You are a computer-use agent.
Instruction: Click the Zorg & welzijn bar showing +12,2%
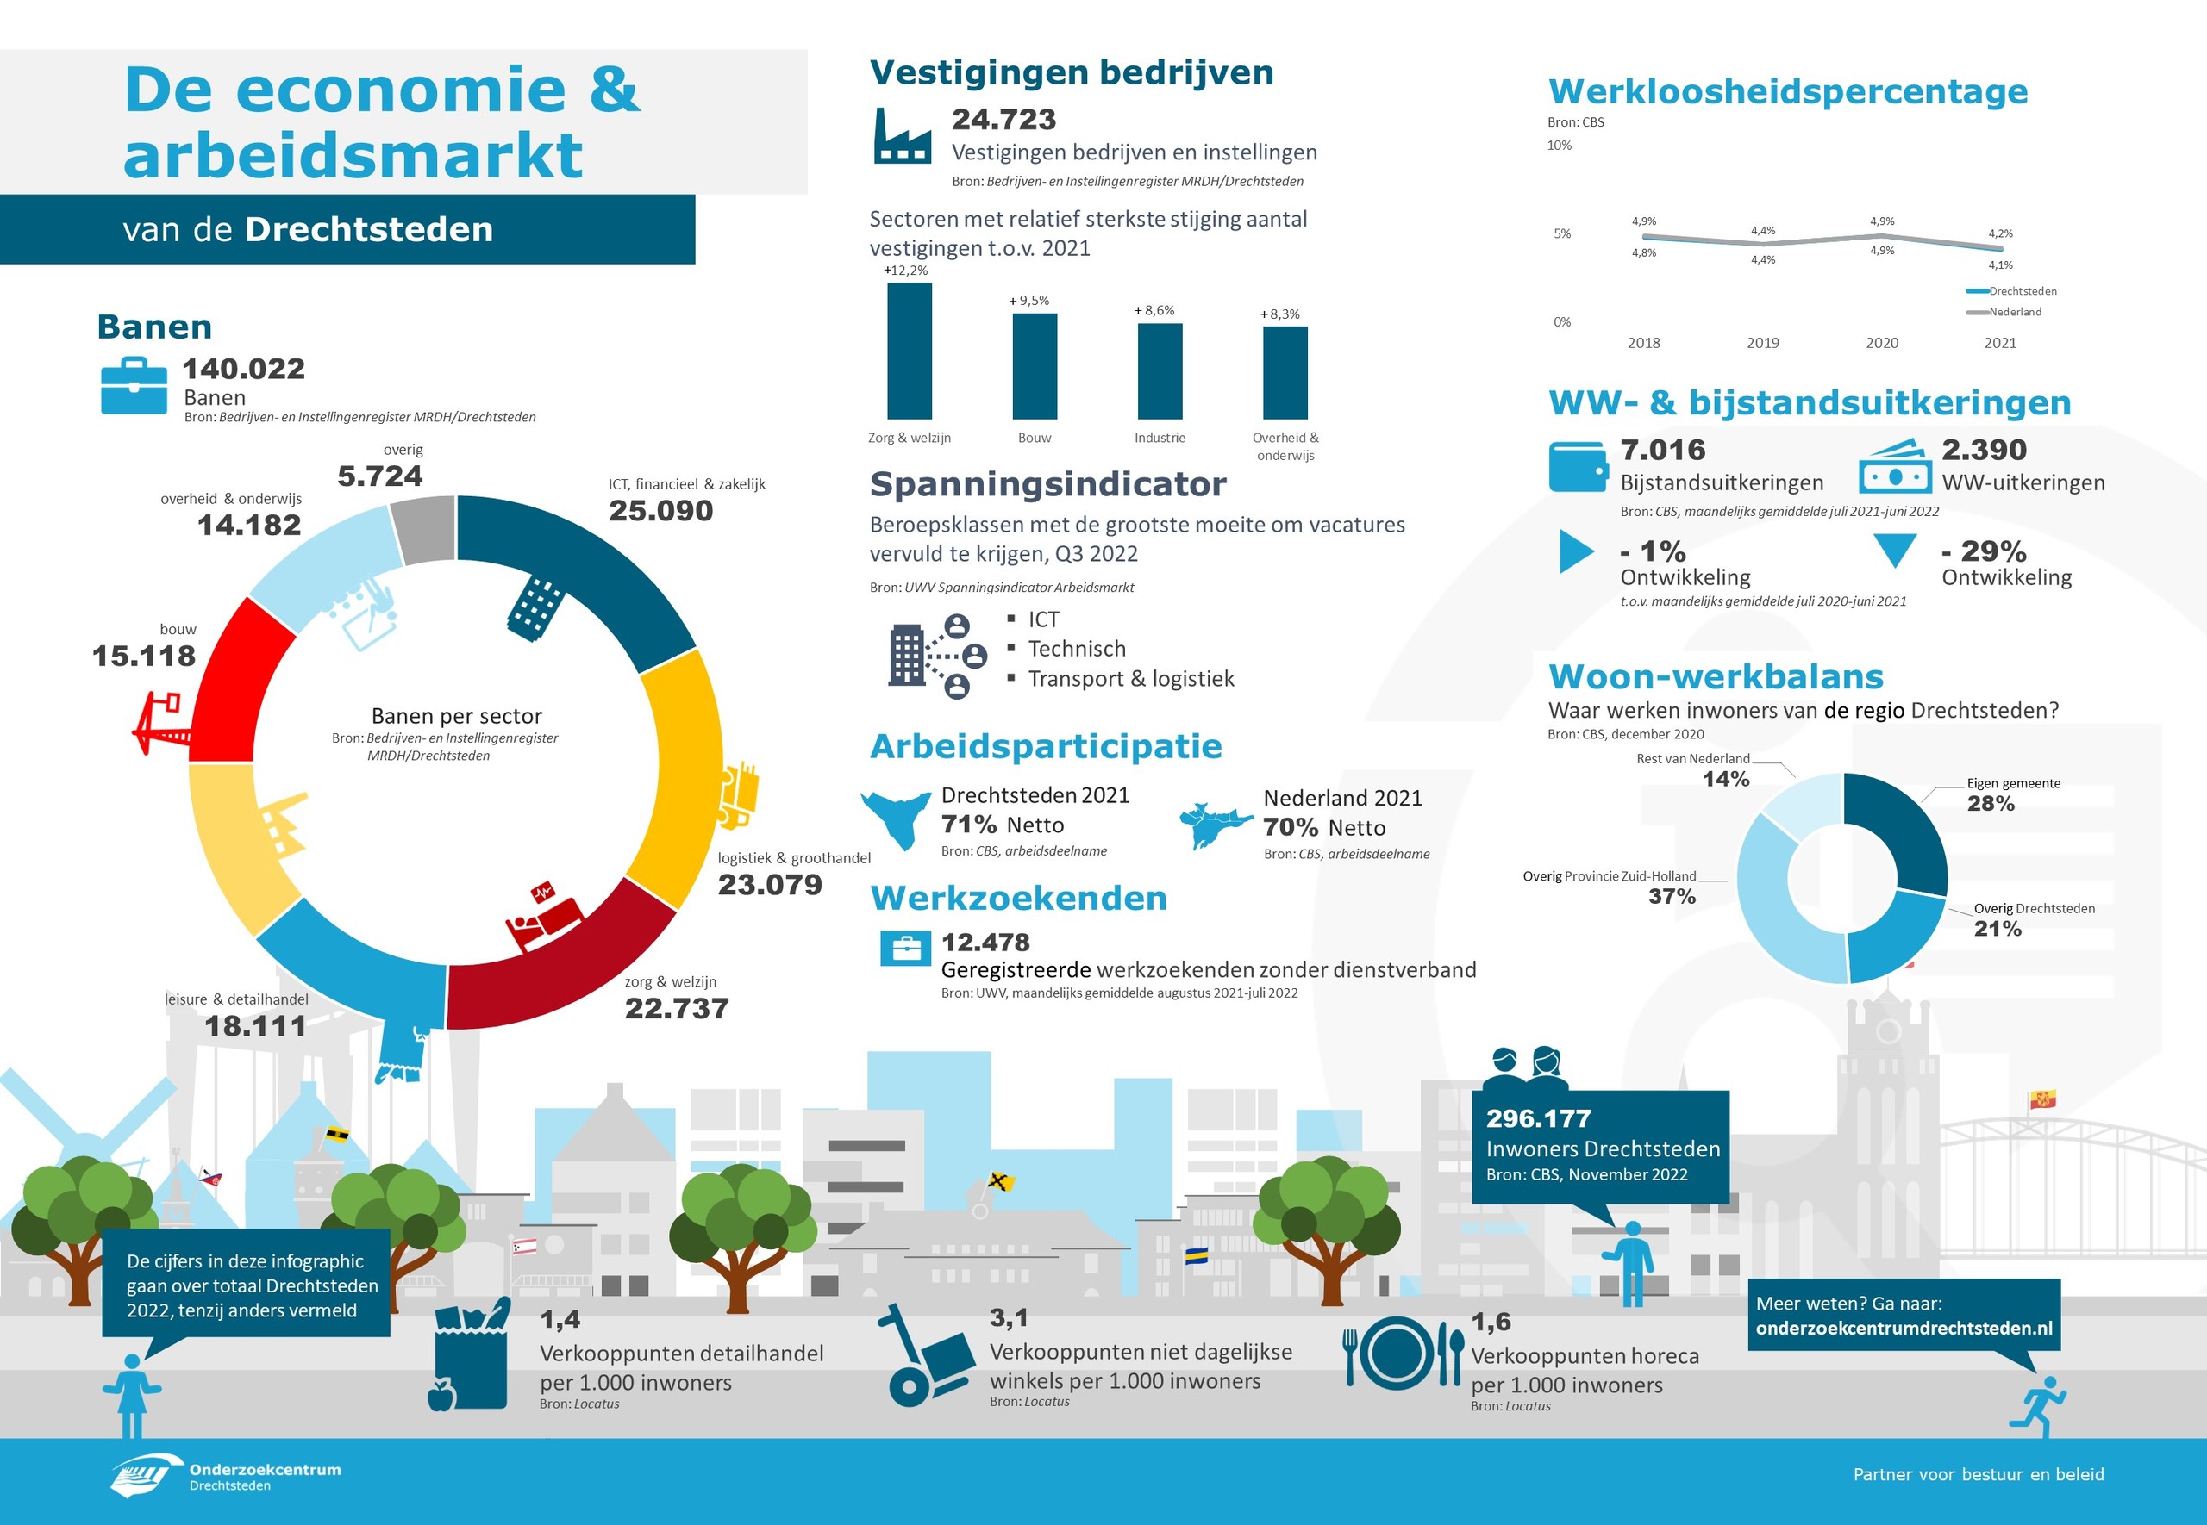click(909, 351)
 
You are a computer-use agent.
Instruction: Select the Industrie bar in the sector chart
click(1160, 370)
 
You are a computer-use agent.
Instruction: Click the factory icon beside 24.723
click(902, 137)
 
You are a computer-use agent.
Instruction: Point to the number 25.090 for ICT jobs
click(660, 511)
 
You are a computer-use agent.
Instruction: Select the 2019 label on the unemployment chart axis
click(1762, 343)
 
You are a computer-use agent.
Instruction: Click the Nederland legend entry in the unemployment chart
click(2014, 313)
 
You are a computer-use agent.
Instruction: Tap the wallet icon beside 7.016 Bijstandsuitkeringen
click(1576, 466)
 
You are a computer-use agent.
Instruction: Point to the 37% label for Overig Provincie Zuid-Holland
click(1672, 896)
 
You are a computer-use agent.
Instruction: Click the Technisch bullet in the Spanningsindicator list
click(1076, 650)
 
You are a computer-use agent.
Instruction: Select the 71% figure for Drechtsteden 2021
click(968, 824)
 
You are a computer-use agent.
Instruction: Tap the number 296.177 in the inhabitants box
click(1538, 1118)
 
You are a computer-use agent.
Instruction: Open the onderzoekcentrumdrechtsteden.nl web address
click(1903, 1329)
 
